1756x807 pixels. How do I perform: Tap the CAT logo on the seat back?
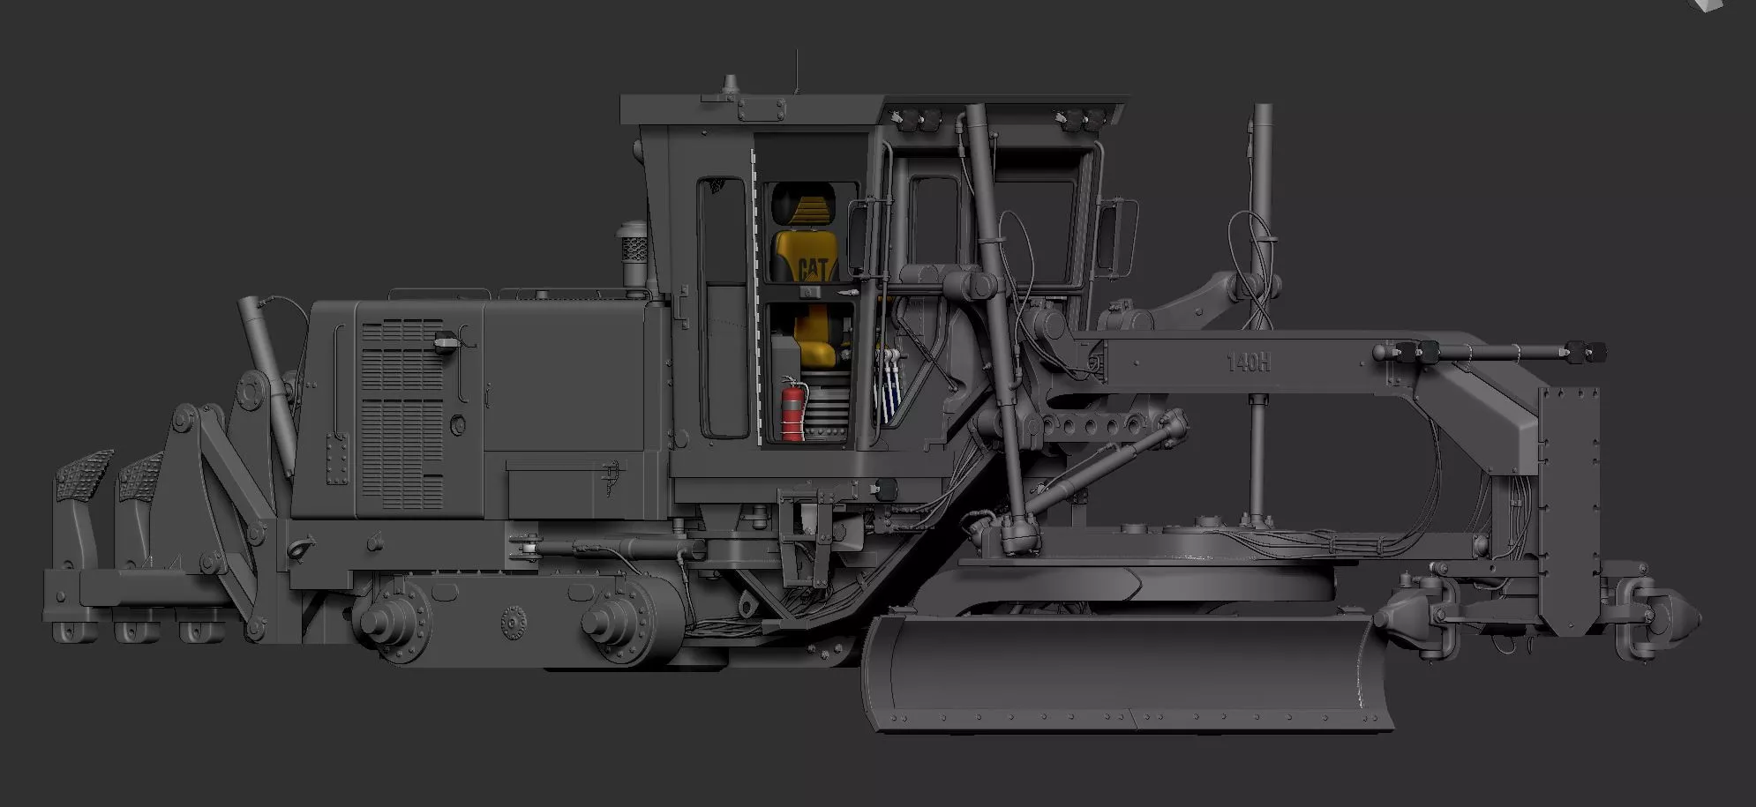pyautogui.click(x=812, y=267)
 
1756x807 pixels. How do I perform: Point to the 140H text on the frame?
pyautogui.click(x=1248, y=362)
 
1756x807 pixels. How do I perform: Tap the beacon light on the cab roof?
pyautogui.click(x=730, y=86)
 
